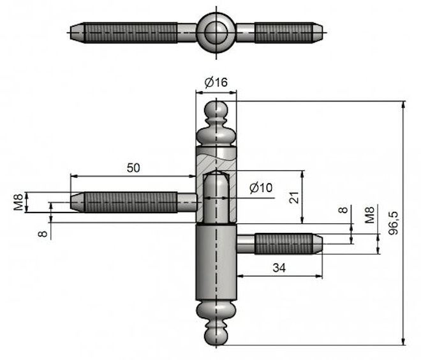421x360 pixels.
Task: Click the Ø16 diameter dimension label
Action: click(216, 82)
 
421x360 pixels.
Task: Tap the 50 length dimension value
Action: click(133, 168)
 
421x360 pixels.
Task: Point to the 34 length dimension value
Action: click(279, 268)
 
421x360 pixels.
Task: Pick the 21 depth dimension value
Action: click(294, 198)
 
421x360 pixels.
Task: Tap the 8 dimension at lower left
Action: click(43, 234)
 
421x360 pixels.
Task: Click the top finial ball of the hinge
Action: click(216, 110)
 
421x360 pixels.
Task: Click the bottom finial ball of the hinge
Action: click(216, 335)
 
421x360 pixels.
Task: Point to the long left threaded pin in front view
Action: click(128, 202)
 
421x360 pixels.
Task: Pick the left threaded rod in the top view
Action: click(131, 32)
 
